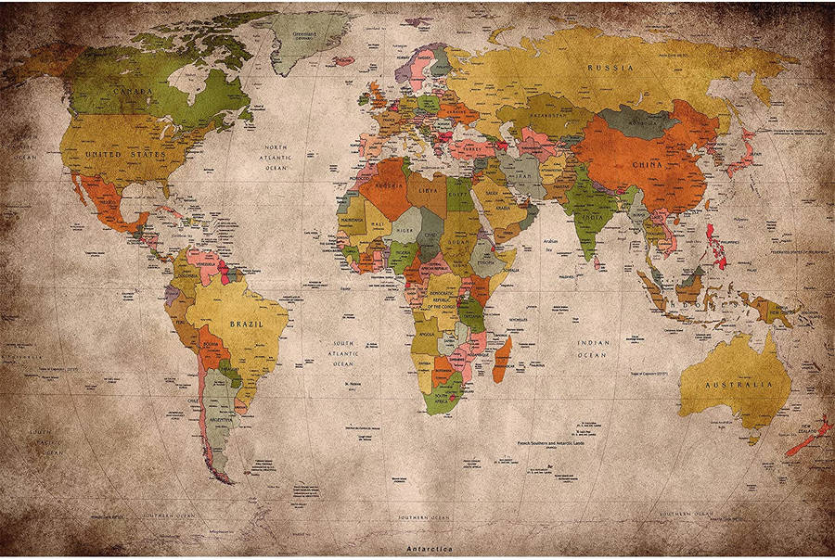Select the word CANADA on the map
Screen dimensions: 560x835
pyautogui.click(x=133, y=92)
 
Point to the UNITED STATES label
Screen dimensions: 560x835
pyautogui.click(x=124, y=154)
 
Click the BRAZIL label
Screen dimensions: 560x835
pyautogui.click(x=246, y=325)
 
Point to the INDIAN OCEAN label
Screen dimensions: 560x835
pyautogui.click(x=593, y=348)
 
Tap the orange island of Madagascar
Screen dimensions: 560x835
pyautogui.click(x=501, y=359)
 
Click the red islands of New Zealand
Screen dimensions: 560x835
pyautogui.click(x=807, y=436)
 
